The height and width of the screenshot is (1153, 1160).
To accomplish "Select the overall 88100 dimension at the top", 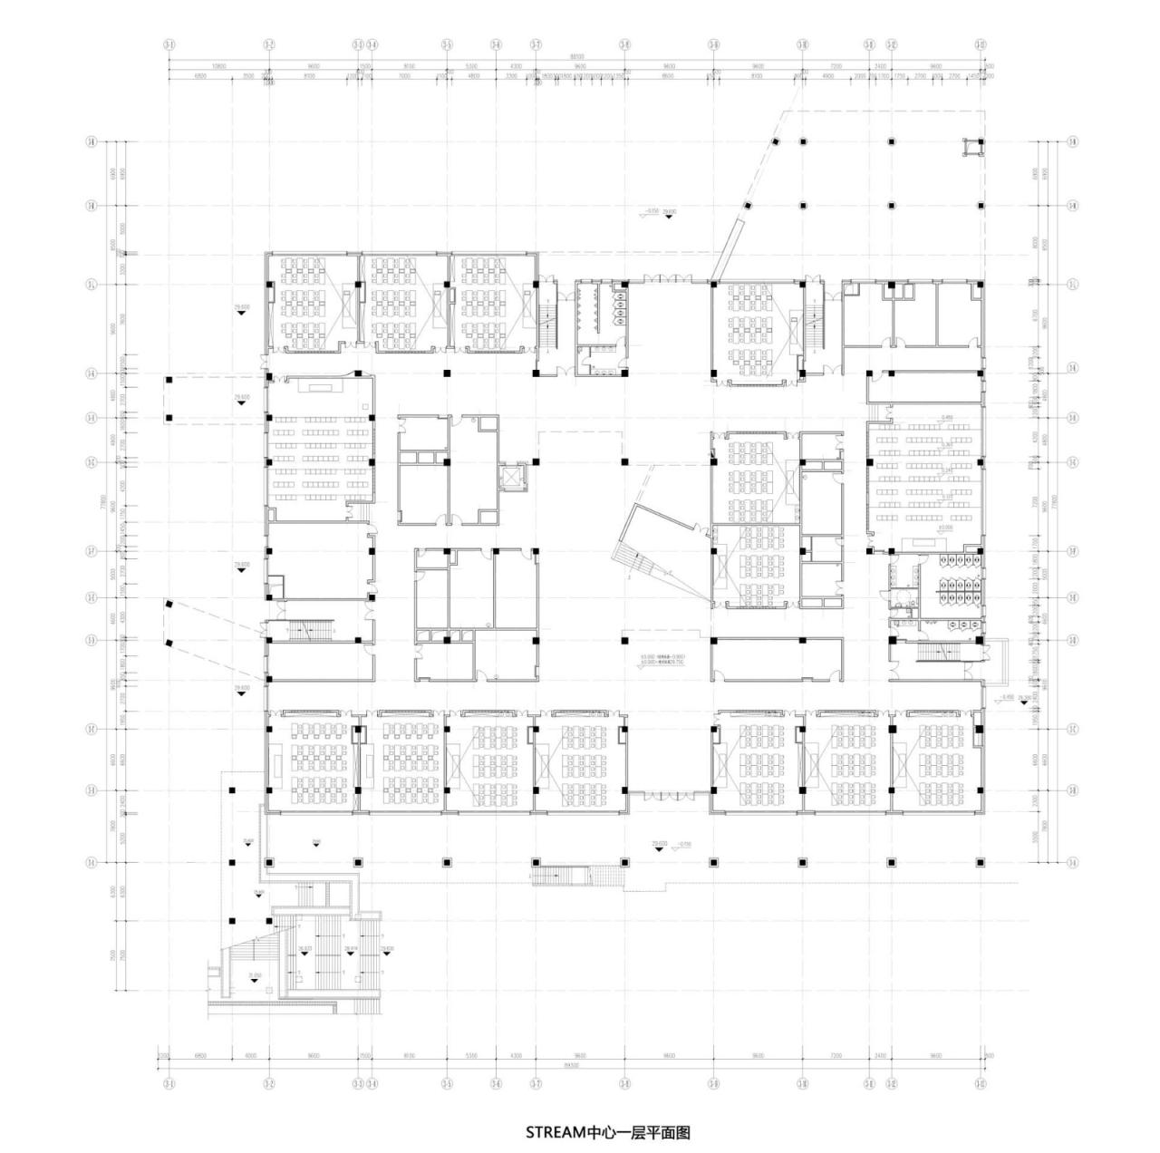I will [576, 56].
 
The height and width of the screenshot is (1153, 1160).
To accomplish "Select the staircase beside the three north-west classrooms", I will [549, 325].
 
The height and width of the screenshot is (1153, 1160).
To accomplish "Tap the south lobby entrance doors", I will [668, 795].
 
